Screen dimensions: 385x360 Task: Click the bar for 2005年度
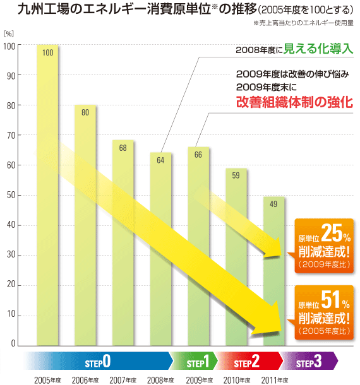point(47,196)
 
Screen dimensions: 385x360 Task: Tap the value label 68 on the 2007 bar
point(123,148)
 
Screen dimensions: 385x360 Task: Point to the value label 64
point(160,160)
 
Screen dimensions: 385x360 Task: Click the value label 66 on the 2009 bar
point(198,155)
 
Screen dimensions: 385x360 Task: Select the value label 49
point(273,204)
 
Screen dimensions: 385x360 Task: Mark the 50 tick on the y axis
point(11,196)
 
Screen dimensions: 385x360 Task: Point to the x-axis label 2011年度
point(273,379)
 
